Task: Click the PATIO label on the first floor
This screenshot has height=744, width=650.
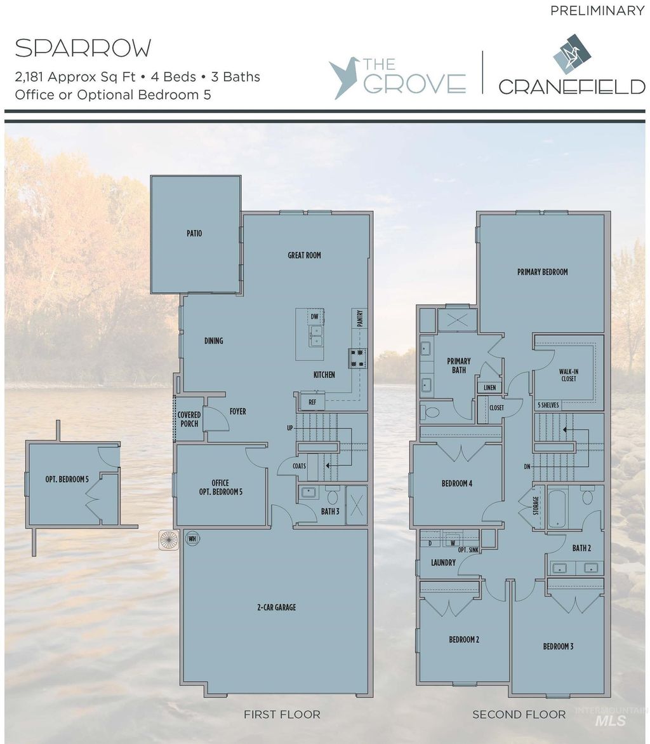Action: click(x=194, y=234)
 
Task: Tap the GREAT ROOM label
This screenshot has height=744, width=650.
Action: click(x=304, y=255)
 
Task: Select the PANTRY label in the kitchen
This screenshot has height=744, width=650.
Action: click(x=359, y=318)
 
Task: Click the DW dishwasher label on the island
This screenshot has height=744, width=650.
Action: click(x=314, y=316)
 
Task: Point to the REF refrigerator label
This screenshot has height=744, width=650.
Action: click(x=312, y=402)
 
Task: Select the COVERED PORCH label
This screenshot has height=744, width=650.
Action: click(x=189, y=419)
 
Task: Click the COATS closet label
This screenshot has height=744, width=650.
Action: click(x=299, y=466)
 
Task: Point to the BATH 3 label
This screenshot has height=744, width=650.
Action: click(x=330, y=511)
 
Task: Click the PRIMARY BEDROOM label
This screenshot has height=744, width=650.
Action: click(x=542, y=272)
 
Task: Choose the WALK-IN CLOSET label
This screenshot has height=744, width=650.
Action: click(x=568, y=375)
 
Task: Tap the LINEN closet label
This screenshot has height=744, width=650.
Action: click(x=489, y=388)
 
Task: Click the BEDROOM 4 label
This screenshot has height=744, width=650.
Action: click(x=456, y=484)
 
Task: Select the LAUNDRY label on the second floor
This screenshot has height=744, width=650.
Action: click(x=443, y=562)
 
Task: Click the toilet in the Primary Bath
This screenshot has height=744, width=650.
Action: click(x=431, y=412)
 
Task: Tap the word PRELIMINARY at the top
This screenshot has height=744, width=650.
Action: click(x=597, y=10)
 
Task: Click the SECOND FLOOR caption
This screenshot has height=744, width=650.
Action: click(x=519, y=715)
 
